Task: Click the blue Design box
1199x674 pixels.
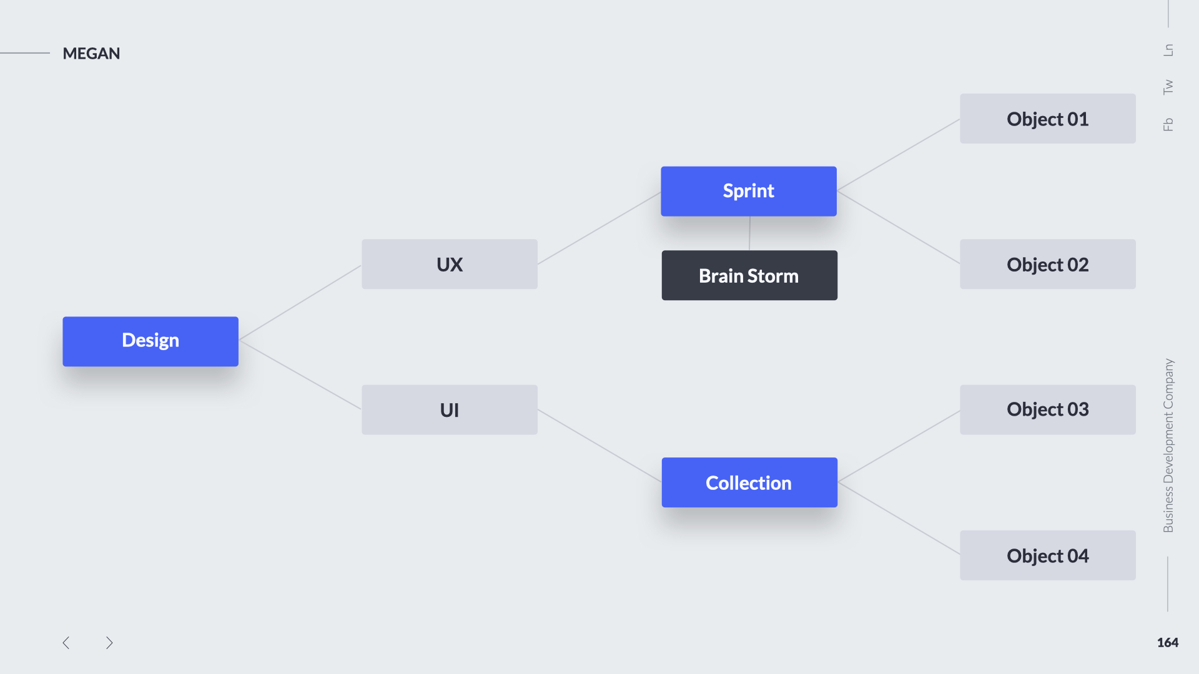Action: point(150,341)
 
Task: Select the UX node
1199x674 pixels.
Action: point(450,264)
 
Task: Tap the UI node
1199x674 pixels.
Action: point(450,410)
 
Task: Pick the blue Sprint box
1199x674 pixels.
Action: point(749,191)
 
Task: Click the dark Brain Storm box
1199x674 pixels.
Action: point(749,275)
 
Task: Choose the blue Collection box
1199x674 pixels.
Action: point(749,482)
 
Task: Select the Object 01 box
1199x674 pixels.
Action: point(1048,119)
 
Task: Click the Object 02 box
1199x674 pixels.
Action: point(1048,264)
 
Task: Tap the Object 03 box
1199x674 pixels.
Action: point(1048,410)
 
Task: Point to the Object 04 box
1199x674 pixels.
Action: point(1048,555)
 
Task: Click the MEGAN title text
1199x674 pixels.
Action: point(91,54)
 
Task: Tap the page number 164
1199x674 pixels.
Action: point(1168,643)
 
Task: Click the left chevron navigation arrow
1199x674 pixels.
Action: point(66,643)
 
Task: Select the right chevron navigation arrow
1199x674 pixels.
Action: point(109,643)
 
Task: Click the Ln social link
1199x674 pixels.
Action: point(1168,50)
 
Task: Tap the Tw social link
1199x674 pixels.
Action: point(1168,87)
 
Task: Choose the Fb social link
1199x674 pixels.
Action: point(1168,124)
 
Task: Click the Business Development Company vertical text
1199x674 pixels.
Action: point(1168,446)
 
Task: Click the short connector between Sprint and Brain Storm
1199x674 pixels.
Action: point(749,233)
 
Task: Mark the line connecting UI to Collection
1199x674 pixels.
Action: point(599,446)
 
